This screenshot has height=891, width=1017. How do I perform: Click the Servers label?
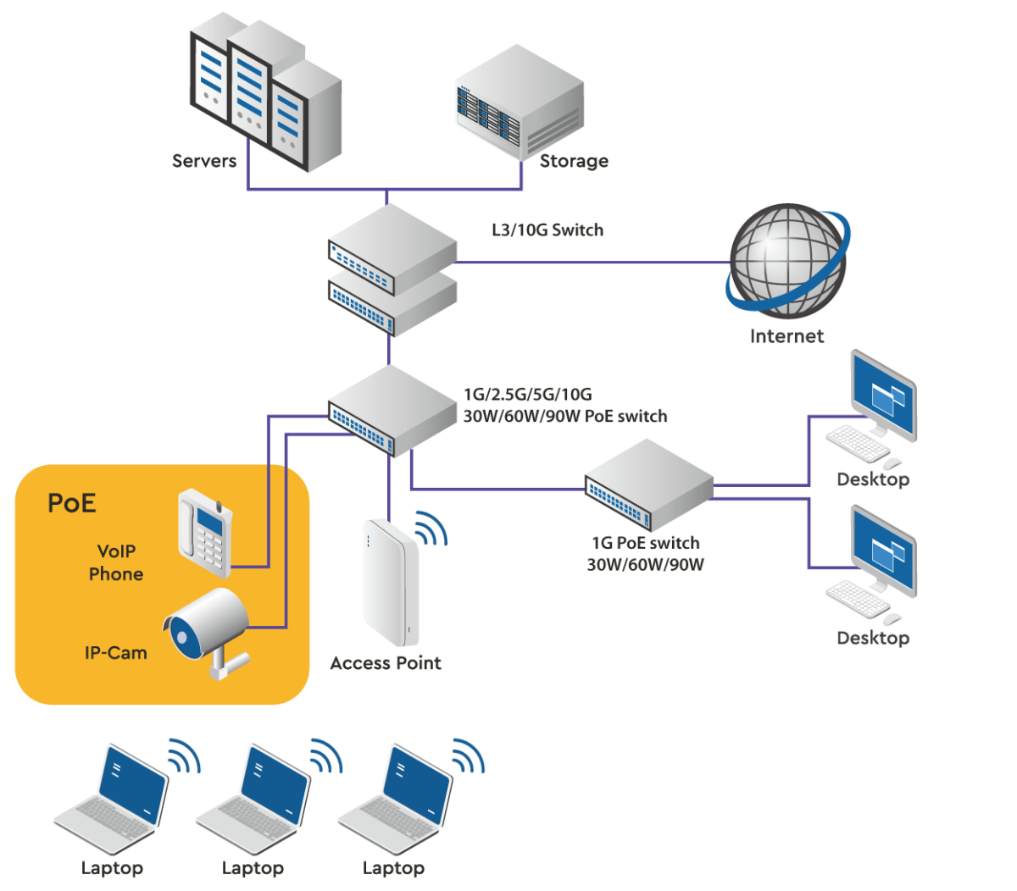[204, 161]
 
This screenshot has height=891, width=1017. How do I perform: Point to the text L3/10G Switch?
[547, 230]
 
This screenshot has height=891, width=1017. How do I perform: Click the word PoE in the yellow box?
[72, 503]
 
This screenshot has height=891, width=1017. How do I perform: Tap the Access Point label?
[386, 663]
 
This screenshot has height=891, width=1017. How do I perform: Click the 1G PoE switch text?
[645, 544]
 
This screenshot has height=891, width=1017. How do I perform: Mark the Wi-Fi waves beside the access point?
[431, 529]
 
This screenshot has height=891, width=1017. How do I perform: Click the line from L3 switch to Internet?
[593, 262]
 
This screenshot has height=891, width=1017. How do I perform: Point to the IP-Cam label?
[115, 653]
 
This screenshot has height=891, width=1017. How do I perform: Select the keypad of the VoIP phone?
[214, 543]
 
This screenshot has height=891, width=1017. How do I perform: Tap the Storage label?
[574, 161]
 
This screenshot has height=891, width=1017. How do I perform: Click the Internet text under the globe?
[786, 336]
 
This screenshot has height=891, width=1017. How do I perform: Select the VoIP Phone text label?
[116, 562]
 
